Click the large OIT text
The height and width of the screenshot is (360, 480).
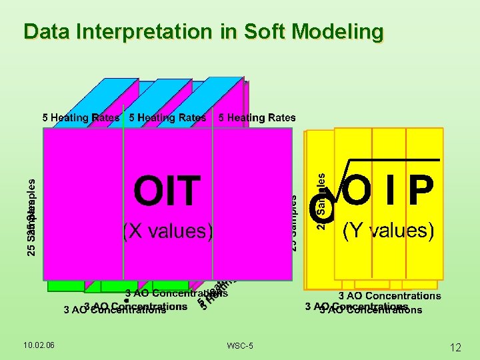167,191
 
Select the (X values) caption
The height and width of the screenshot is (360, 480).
167,231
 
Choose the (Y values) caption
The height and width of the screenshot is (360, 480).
388,231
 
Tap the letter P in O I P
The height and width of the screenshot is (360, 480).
421,192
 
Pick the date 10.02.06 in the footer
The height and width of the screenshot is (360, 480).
39,344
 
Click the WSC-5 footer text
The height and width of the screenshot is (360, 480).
239,345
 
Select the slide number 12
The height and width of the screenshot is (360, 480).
455,347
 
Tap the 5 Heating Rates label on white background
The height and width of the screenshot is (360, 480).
257,118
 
